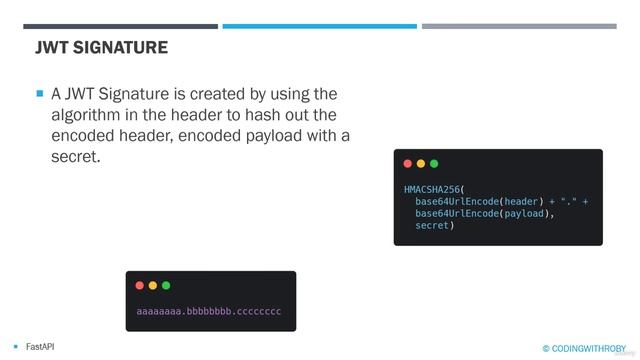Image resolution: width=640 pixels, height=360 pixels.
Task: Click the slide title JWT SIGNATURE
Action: tap(101, 47)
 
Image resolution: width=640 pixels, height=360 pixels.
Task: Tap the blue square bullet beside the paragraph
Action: tap(40, 93)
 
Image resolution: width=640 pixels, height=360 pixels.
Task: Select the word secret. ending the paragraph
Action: tap(76, 157)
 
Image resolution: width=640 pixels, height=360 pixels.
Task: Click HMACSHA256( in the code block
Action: tap(435, 188)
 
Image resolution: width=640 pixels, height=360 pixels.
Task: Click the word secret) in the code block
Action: tap(435, 226)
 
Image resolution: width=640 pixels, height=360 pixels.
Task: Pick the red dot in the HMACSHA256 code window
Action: tap(407, 163)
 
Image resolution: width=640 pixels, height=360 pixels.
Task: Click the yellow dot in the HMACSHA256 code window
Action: tap(420, 163)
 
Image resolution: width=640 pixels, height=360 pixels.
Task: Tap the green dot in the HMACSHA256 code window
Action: tap(433, 163)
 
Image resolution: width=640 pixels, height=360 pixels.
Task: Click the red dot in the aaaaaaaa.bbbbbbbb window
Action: tap(139, 285)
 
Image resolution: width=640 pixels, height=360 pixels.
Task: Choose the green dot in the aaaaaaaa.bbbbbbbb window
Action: tap(165, 285)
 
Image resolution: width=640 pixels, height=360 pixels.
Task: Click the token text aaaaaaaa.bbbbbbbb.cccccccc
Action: tap(209, 311)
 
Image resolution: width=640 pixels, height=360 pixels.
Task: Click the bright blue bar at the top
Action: tap(319, 26)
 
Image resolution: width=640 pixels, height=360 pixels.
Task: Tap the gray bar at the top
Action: tap(519, 26)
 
